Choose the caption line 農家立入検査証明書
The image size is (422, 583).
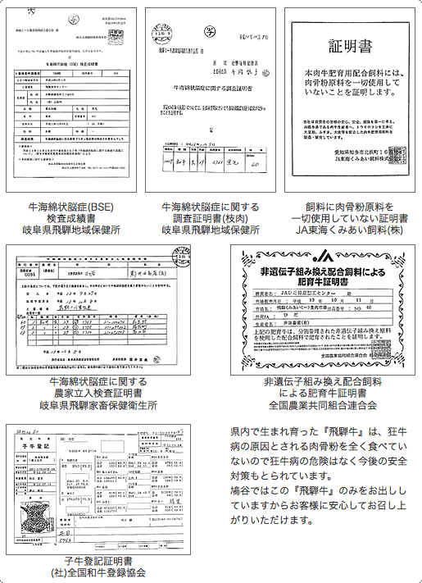click(98, 393)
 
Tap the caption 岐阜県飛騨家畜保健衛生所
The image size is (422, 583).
click(98, 405)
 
